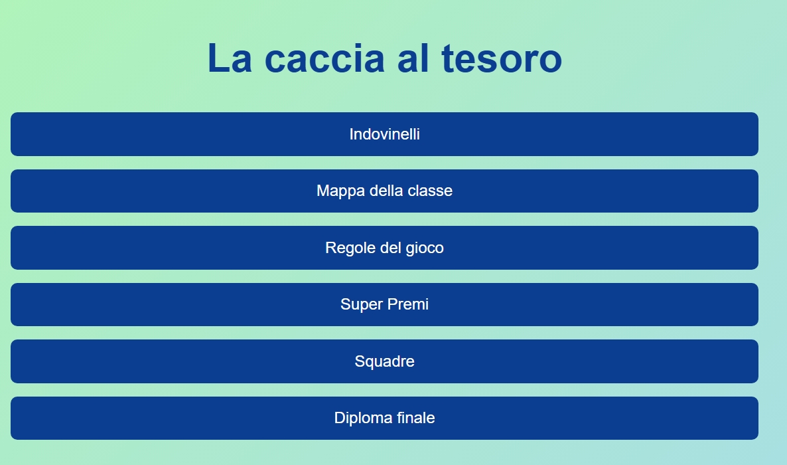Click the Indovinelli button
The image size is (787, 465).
384,134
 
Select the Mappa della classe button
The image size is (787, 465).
384,191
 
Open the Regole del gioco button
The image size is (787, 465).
384,248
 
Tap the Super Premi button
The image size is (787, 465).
384,304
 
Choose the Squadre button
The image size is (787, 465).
384,361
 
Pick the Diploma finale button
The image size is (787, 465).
384,418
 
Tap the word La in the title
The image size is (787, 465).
230,58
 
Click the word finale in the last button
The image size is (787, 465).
415,418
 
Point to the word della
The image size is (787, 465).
384,191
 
